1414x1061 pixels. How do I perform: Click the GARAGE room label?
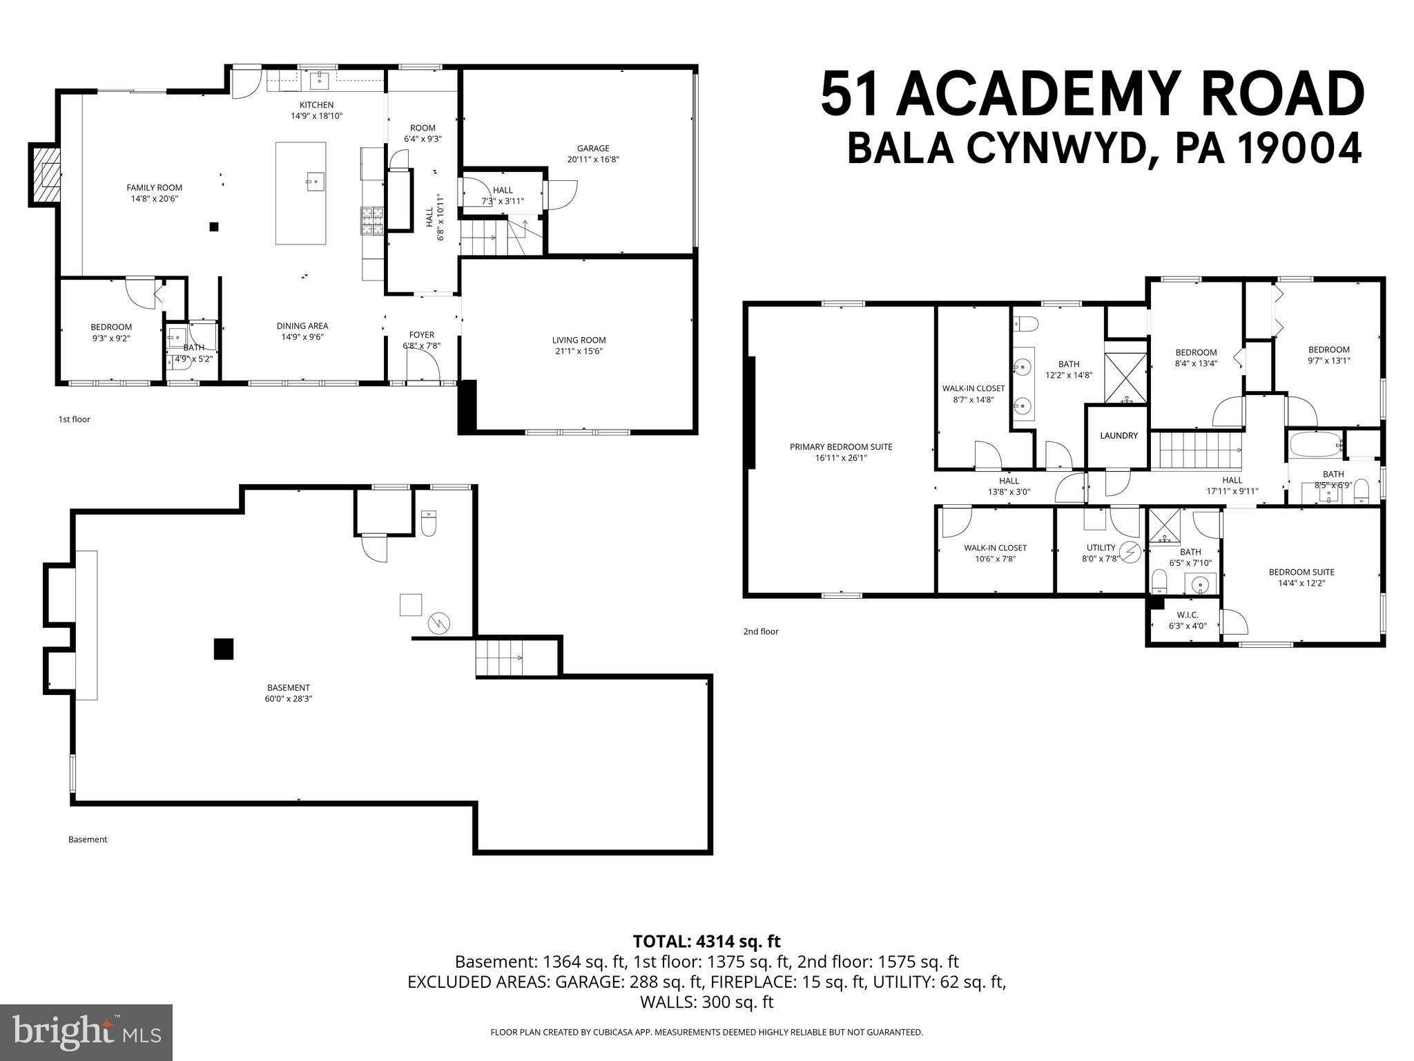pyautogui.click(x=593, y=148)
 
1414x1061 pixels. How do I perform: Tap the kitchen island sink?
pyautogui.click(x=314, y=183)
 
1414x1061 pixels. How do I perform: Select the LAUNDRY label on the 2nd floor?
pyautogui.click(x=1118, y=436)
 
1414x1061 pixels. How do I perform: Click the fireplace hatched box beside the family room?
pyautogui.click(x=45, y=175)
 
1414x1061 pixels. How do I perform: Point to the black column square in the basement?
pyautogui.click(x=224, y=649)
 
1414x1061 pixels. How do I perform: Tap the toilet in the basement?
pyautogui.click(x=429, y=524)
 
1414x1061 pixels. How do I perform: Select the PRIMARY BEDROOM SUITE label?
pyautogui.click(x=841, y=447)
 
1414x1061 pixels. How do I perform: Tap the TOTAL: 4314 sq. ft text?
pyautogui.click(x=706, y=941)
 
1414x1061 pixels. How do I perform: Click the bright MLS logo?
pyautogui.click(x=86, y=1033)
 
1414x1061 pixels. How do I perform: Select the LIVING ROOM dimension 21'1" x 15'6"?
pyautogui.click(x=579, y=351)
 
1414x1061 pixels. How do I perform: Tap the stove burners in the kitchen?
pyautogui.click(x=371, y=222)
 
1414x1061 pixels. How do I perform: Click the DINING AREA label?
pyautogui.click(x=302, y=326)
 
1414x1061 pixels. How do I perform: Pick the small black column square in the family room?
pyautogui.click(x=214, y=226)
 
